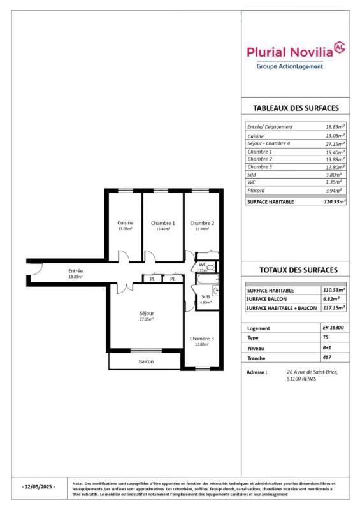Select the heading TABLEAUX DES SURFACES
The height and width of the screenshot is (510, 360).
pyautogui.click(x=296, y=108)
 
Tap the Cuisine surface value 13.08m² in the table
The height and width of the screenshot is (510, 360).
pyautogui.click(x=335, y=136)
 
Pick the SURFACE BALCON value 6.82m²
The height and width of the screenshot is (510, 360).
pyautogui.click(x=332, y=298)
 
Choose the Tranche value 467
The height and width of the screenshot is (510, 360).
pyautogui.click(x=327, y=360)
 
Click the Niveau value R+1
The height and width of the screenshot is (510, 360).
pyautogui.click(x=327, y=349)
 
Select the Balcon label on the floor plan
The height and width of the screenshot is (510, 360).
pyautogui.click(x=147, y=361)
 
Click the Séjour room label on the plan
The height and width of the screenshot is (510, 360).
pyautogui.click(x=147, y=313)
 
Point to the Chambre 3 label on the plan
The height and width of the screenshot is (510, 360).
pyautogui.click(x=201, y=338)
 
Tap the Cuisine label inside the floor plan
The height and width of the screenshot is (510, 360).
pyautogui.click(x=126, y=222)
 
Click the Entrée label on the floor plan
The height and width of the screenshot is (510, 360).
pyautogui.click(x=75, y=271)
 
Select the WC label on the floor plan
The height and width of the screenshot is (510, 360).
pyautogui.click(x=202, y=265)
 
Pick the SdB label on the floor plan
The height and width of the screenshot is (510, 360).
pyautogui.click(x=205, y=297)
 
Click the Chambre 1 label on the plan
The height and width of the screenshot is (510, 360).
pyautogui.click(x=163, y=223)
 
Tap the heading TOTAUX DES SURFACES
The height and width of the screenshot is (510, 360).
pyautogui.click(x=296, y=270)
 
